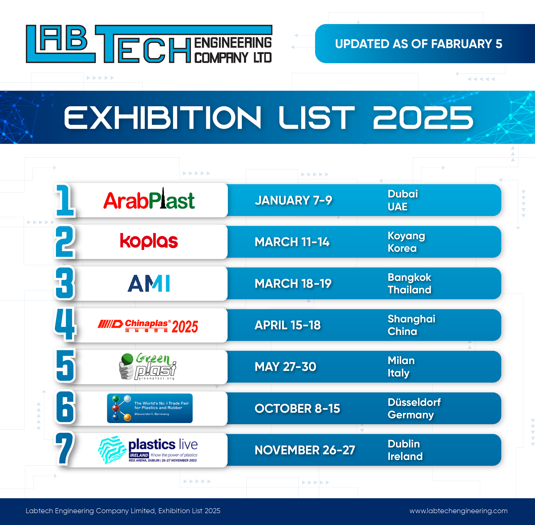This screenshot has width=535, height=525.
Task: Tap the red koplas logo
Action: pos(149,241)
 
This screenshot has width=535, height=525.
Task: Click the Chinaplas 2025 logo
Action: pos(148,326)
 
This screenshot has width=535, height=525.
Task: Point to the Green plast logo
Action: pos(148,366)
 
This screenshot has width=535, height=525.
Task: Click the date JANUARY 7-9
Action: pos(293,200)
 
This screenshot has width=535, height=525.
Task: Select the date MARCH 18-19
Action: pos(293,283)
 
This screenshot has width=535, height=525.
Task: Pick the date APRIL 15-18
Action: pos(288,325)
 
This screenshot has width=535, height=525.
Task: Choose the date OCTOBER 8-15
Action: pos(297,408)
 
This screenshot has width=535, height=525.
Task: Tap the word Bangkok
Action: pos(409,277)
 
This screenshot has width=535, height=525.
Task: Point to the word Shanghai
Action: pos(411,319)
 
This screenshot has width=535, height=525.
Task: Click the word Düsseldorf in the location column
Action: pos(414,402)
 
